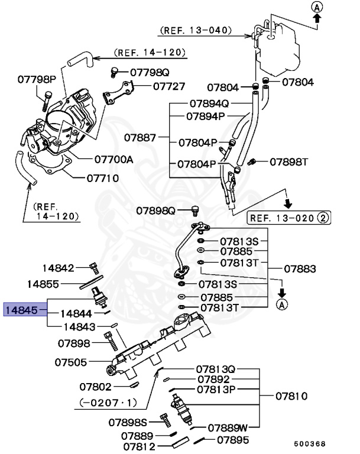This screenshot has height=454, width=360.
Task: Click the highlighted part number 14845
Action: coord(22,309)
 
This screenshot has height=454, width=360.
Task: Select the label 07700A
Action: coord(113,160)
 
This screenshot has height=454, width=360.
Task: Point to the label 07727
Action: coord(169,86)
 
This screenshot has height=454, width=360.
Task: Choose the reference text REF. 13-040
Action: coord(195,30)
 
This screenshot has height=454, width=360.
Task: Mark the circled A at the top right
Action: coord(317,7)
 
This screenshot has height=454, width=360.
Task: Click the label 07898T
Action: coord(290,161)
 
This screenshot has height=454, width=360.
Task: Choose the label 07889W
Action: coord(228,426)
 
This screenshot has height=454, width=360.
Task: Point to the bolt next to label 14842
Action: coord(93,268)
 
